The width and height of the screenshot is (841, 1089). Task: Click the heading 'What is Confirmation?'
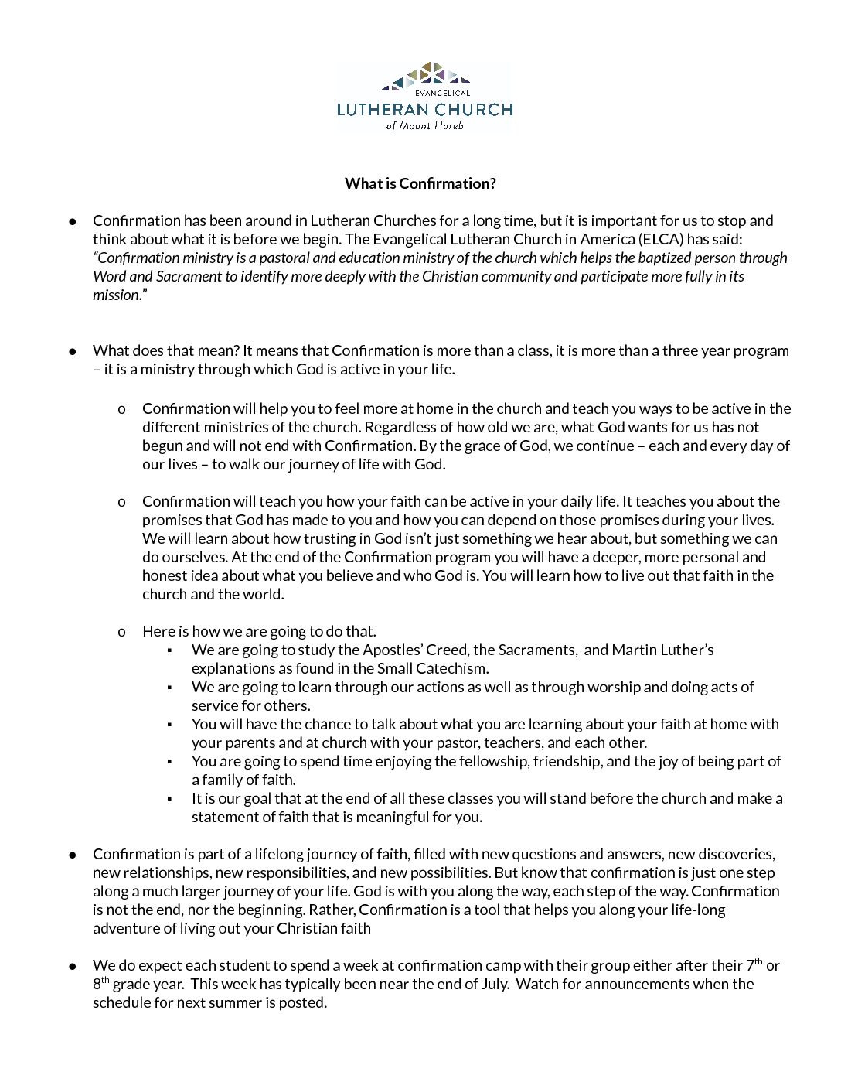tap(420, 183)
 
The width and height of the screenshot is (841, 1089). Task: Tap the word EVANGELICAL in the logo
tap(442, 94)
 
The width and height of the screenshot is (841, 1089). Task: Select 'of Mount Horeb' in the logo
tap(424, 125)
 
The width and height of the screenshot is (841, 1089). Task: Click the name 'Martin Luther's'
tap(662, 650)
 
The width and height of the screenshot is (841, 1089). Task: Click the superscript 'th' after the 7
tap(758, 961)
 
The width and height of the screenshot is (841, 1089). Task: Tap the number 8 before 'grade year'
tap(97, 985)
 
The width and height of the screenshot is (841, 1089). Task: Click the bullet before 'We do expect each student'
tap(73, 966)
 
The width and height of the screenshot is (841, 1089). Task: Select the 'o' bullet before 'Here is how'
tap(121, 632)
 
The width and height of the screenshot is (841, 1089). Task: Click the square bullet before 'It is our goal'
tap(169, 799)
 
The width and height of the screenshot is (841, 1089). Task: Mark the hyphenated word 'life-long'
tap(698, 910)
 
